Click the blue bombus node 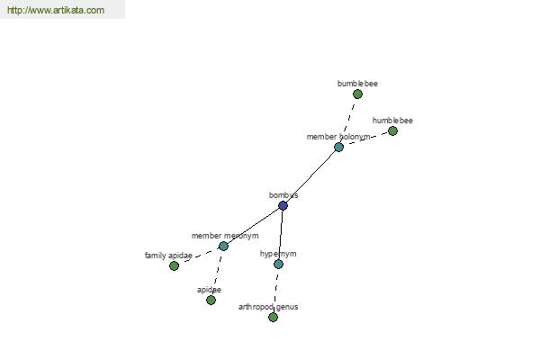tap(283, 206)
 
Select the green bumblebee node tap(357, 94)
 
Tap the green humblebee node tap(392, 130)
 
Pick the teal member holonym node tap(338, 147)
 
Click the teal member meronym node tap(223, 246)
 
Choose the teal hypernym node tap(279, 265)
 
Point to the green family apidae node tap(175, 266)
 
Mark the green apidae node tap(211, 300)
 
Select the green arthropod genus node tap(273, 317)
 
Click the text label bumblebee tap(357, 84)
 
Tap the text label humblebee tap(392, 121)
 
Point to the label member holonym tap(338, 137)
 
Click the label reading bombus tap(283, 195)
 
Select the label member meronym tap(225, 236)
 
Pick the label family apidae tap(168, 256)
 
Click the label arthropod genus tap(268, 307)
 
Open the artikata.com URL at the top tap(56, 10)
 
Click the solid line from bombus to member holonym tap(310, 176)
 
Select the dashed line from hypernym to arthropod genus tap(276, 291)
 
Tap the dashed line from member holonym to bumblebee tap(347, 121)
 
